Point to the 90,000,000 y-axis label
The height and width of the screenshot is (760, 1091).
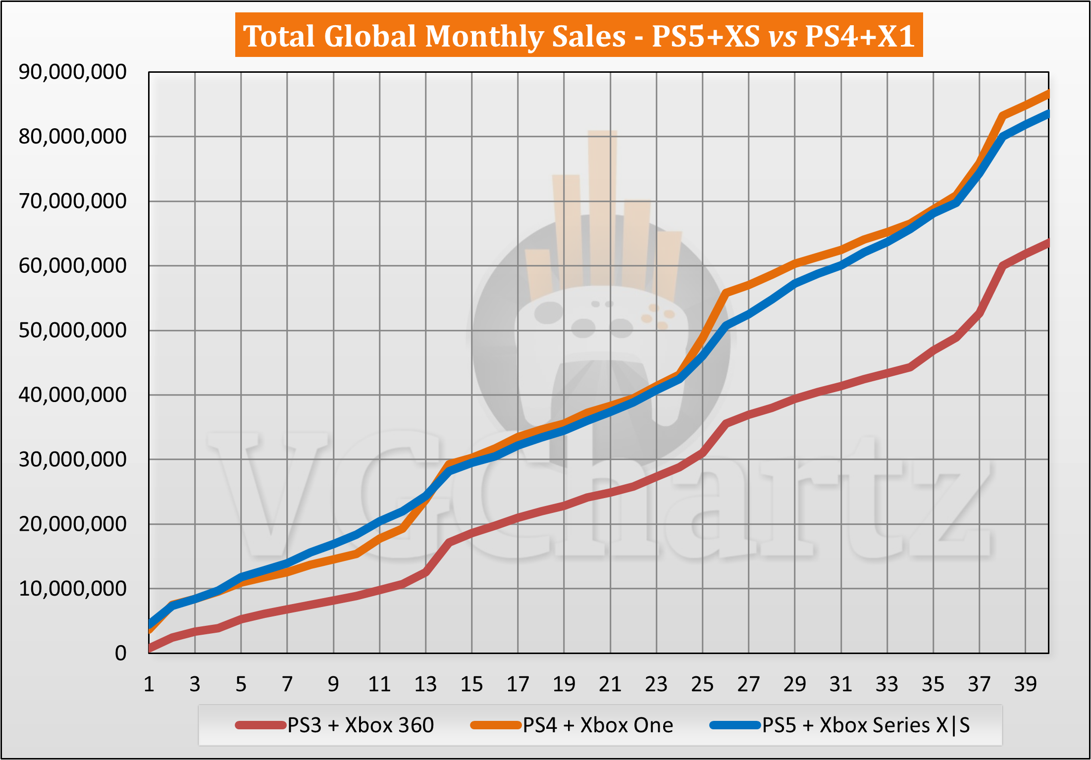pyautogui.click(x=72, y=72)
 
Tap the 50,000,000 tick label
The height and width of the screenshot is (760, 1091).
pyautogui.click(x=72, y=330)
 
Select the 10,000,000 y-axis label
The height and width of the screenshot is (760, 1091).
pyautogui.click(x=72, y=589)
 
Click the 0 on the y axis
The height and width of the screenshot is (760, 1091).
pyautogui.click(x=120, y=654)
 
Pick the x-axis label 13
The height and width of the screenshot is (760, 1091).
pyautogui.click(x=425, y=684)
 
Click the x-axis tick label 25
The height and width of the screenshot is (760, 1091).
pyautogui.click(x=702, y=684)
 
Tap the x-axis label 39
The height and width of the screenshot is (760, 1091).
pyautogui.click(x=1025, y=684)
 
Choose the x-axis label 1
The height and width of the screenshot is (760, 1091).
pyautogui.click(x=149, y=684)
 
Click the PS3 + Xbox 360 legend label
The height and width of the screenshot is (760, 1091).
pyautogui.click(x=361, y=725)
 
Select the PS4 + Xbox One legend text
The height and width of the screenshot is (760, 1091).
pyautogui.click(x=598, y=725)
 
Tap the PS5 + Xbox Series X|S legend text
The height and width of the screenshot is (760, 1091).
pyautogui.click(x=866, y=725)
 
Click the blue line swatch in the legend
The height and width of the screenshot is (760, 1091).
pyautogui.click(x=735, y=726)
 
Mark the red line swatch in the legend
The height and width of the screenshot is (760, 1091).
pyautogui.click(x=261, y=726)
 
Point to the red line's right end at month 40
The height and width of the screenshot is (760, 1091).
pyautogui.click(x=1047, y=243)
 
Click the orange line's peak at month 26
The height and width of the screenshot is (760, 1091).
pyautogui.click(x=726, y=293)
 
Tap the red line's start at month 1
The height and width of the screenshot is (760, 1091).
pyautogui.click(x=150, y=648)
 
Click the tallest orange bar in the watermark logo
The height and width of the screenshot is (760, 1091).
pyautogui.click(x=602, y=208)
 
